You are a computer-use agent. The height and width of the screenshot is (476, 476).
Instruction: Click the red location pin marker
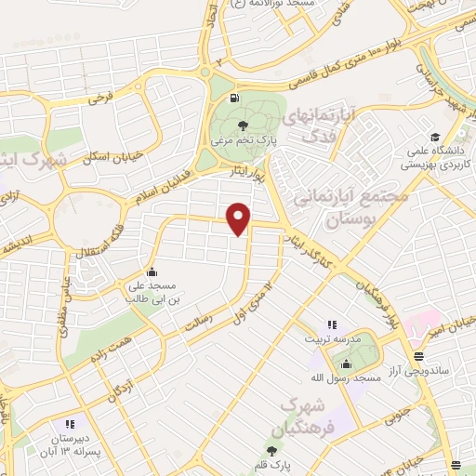pos(239,218)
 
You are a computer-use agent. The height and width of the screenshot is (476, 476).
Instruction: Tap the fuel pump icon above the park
pos(231,97)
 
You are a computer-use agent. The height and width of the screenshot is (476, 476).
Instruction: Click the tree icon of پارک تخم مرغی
pos(243,126)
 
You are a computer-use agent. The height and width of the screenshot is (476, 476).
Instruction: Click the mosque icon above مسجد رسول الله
pos(346,363)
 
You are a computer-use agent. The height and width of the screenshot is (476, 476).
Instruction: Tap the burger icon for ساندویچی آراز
pos(419,356)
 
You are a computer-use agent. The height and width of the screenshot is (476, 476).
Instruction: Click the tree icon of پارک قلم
pos(271,451)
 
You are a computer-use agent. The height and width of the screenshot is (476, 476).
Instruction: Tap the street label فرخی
pos(100,95)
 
